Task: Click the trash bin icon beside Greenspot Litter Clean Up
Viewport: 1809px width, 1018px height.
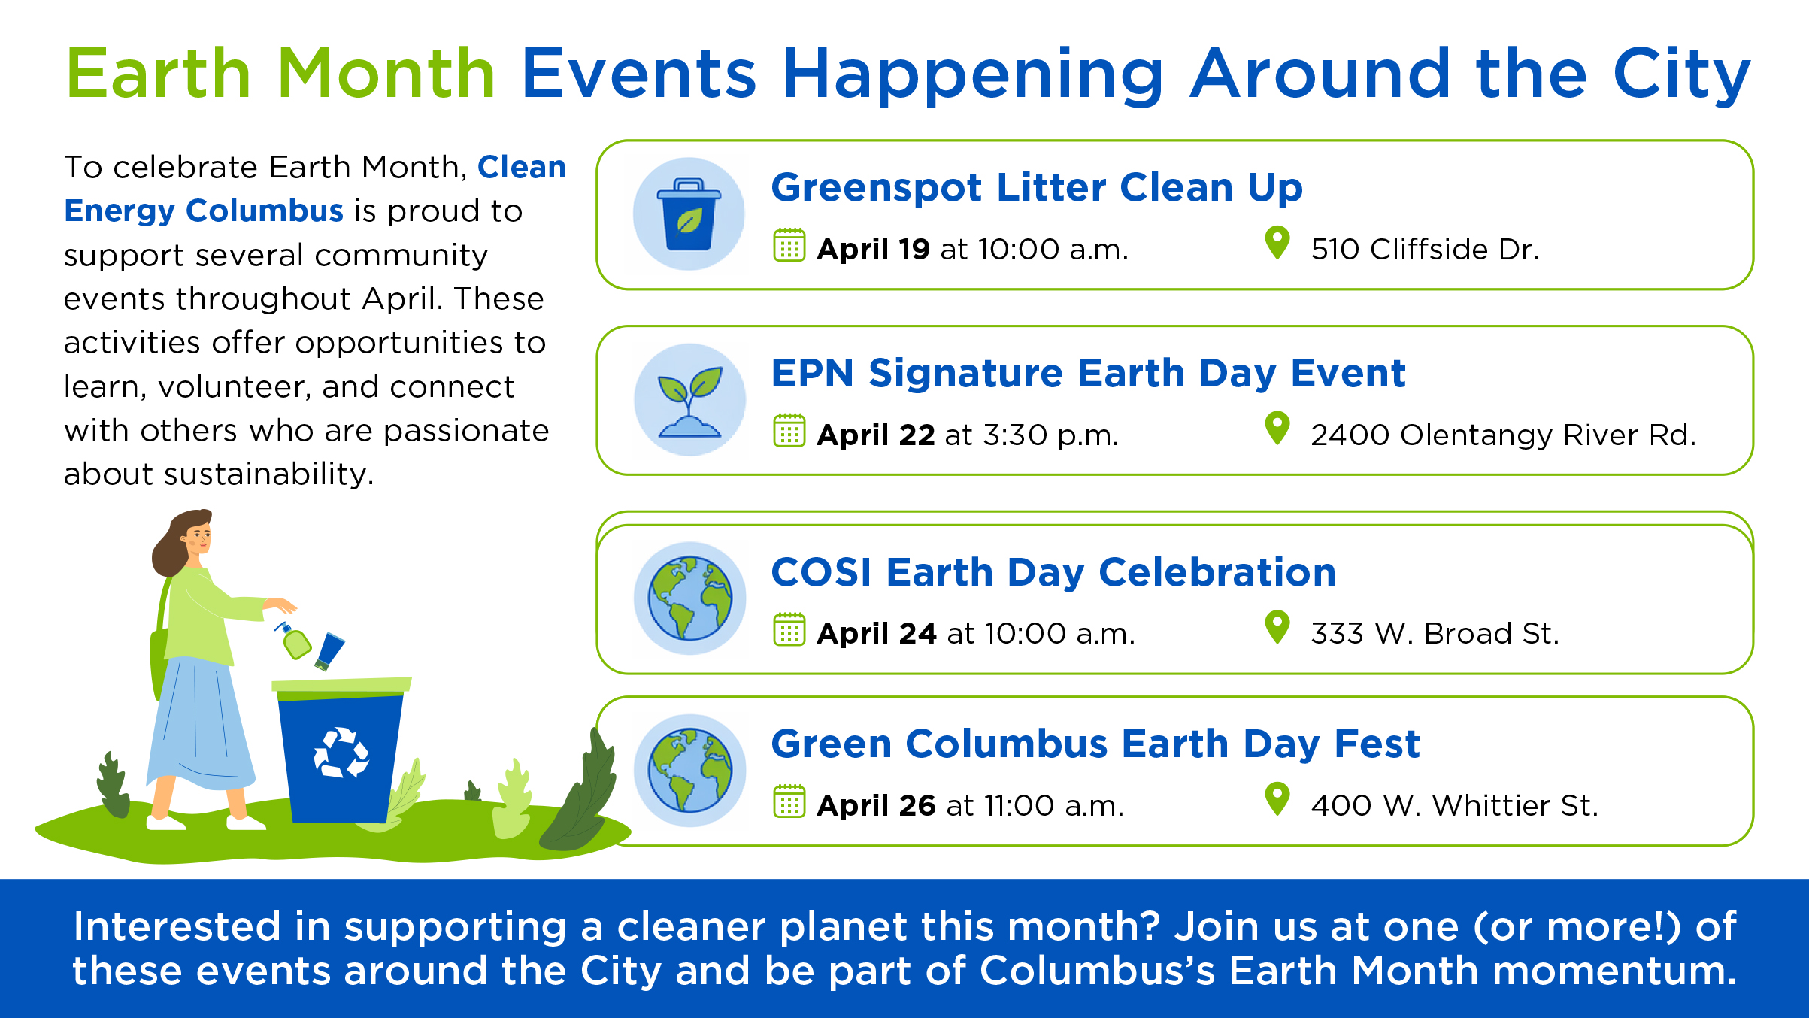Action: pyautogui.click(x=689, y=214)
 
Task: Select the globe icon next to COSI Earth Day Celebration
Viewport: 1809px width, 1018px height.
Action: pyautogui.click(x=689, y=598)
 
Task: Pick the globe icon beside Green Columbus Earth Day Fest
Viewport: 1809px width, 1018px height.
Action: pyautogui.click(x=689, y=770)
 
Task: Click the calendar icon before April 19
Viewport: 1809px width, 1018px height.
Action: pyautogui.click(x=789, y=245)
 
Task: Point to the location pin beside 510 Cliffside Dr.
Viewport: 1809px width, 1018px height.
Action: pyautogui.click(x=1277, y=244)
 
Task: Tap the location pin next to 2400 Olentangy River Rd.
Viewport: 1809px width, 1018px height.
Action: pyautogui.click(x=1277, y=429)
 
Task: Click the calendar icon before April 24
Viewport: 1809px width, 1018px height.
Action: pyautogui.click(x=789, y=629)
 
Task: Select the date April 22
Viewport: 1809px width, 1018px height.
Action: pyautogui.click(x=876, y=435)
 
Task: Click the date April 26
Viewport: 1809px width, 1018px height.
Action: pyautogui.click(x=876, y=805)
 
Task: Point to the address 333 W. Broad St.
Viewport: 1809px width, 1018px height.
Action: pyautogui.click(x=1435, y=633)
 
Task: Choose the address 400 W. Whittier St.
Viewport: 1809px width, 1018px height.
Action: pyautogui.click(x=1454, y=805)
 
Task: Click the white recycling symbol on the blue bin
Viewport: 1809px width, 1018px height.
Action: pyautogui.click(x=341, y=752)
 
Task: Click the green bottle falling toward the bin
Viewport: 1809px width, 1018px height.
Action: pyautogui.click(x=295, y=641)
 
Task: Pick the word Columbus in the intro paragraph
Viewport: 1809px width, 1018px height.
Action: pyautogui.click(x=265, y=211)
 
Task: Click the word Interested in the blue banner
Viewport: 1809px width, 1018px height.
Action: pyautogui.click(x=177, y=926)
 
